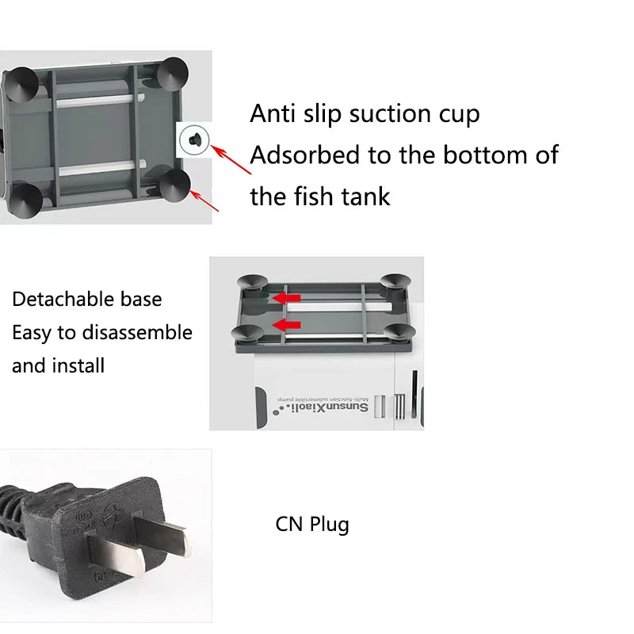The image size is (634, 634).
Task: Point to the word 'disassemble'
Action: [137, 332]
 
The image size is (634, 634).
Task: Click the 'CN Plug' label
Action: [312, 525]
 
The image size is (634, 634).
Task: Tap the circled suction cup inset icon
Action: [194, 140]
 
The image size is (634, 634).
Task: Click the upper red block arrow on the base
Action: [287, 299]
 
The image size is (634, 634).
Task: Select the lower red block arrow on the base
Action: [287, 325]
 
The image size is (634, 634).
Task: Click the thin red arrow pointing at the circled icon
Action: [231, 160]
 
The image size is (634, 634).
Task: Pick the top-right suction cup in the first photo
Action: [173, 74]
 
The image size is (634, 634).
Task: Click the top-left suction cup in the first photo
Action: [21, 85]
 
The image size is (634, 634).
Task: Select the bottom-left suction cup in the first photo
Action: [25, 201]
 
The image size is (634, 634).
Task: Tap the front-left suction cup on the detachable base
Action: [247, 332]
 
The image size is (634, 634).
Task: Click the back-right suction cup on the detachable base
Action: [395, 281]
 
